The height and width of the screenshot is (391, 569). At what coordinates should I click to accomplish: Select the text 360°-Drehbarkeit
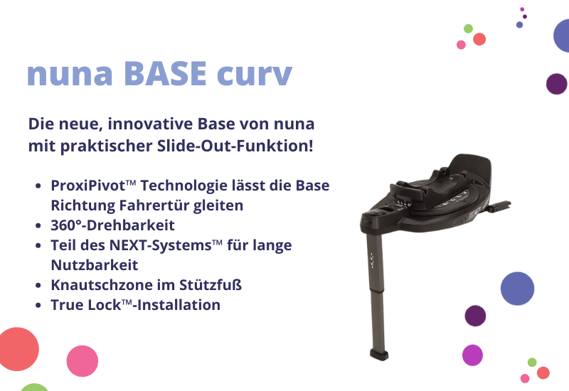click(112, 225)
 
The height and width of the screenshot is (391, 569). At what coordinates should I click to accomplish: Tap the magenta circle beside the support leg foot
click(472, 355)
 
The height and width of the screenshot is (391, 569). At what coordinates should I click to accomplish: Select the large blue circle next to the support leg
click(517, 288)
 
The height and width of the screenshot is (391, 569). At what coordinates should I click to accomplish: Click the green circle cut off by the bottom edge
click(34, 387)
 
